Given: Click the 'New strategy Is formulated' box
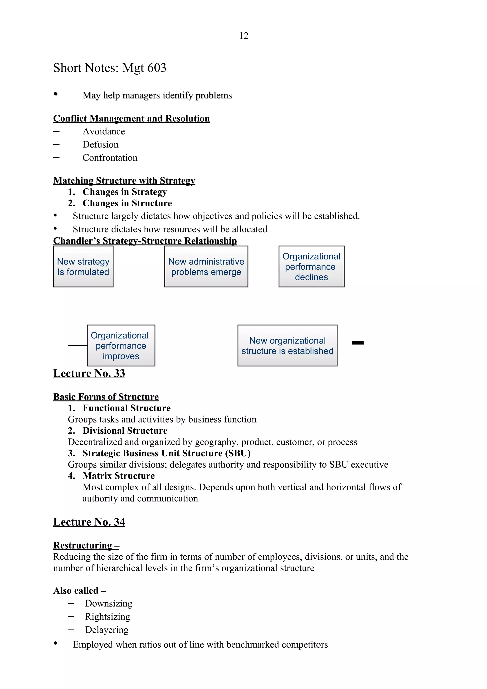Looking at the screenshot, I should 83,267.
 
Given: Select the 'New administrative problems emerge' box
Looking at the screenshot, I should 206,267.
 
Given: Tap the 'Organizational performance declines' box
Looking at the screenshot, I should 311,267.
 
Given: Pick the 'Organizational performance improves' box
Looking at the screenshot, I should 121,345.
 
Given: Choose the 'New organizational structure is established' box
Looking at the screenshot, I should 287,345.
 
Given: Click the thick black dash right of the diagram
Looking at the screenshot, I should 357,343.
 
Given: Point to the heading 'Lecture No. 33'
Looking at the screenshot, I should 89,373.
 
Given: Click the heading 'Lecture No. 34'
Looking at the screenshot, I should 89,522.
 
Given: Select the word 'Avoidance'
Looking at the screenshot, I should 104,131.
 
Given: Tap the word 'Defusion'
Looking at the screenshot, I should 101,145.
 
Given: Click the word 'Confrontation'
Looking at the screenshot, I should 110,158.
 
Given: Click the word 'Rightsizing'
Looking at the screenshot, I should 107,616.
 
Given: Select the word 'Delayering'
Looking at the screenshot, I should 107,630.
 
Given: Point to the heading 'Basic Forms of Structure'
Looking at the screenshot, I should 106,397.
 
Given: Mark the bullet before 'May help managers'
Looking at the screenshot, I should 55,94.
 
